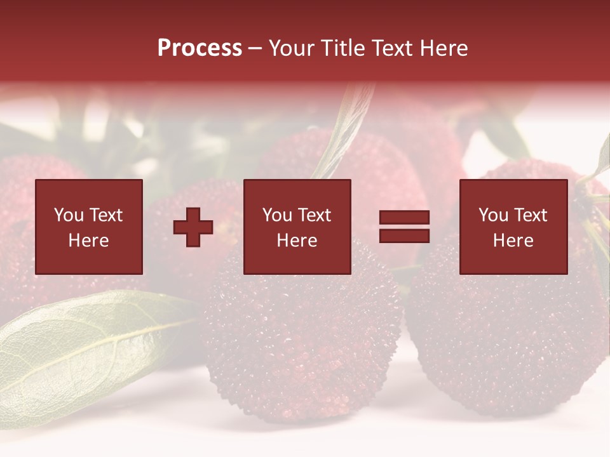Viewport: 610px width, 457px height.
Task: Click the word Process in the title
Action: coord(200,48)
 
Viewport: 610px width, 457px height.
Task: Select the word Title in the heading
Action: coord(344,48)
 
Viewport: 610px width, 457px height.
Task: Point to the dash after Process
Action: coord(255,49)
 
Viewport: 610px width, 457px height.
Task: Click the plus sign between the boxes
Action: coord(193,227)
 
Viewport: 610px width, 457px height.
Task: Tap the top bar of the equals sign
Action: coord(404,217)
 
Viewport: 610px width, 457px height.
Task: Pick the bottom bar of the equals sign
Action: coord(404,236)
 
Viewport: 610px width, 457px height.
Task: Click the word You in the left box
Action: coord(69,215)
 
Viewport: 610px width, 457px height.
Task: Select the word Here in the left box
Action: coord(88,241)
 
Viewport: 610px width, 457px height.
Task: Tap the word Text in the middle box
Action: coord(314,215)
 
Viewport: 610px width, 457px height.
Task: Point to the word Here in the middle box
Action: coord(297,241)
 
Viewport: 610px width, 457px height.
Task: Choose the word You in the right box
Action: coord(494,215)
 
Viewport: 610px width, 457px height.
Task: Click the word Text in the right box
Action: coord(530,215)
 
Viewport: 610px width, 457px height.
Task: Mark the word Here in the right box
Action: coord(513,241)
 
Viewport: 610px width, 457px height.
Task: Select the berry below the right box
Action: coord(508,343)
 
